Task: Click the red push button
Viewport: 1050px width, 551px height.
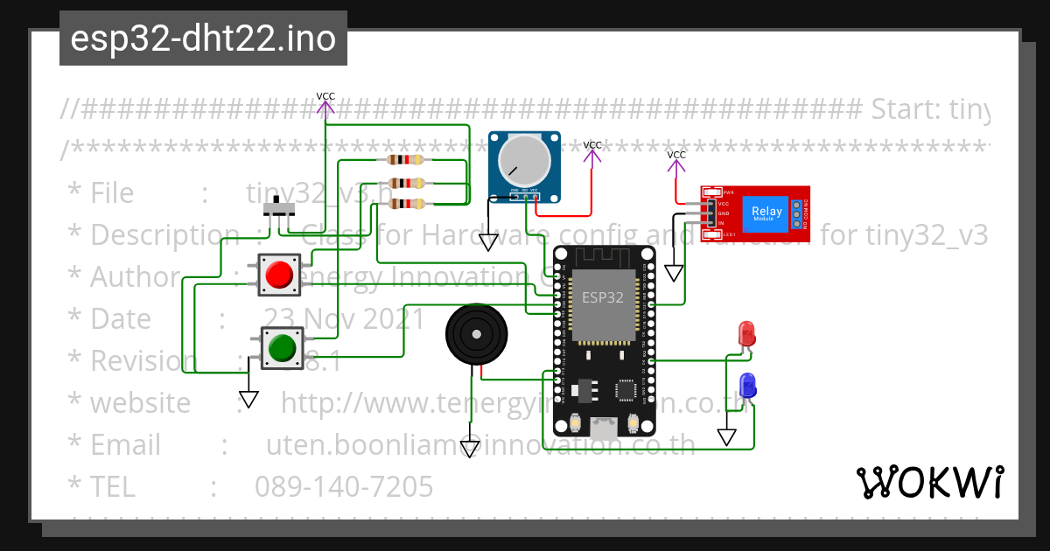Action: click(x=279, y=275)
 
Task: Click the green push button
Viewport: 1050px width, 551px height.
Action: click(x=282, y=347)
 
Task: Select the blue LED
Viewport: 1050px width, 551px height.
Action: click(x=747, y=385)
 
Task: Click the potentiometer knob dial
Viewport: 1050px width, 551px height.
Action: click(x=523, y=161)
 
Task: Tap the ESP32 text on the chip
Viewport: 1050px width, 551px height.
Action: click(x=603, y=296)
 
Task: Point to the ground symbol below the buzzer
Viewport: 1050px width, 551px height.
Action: click(x=470, y=449)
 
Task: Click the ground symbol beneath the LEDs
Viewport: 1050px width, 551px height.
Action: click(x=726, y=436)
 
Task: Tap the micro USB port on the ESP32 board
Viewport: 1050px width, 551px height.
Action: click(x=603, y=429)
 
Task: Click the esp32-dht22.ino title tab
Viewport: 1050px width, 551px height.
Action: click(x=203, y=38)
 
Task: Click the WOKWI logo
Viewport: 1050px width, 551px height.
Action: click(x=929, y=482)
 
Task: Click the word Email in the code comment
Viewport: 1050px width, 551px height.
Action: click(x=125, y=445)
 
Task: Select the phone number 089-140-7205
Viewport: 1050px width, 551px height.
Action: click(x=344, y=486)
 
